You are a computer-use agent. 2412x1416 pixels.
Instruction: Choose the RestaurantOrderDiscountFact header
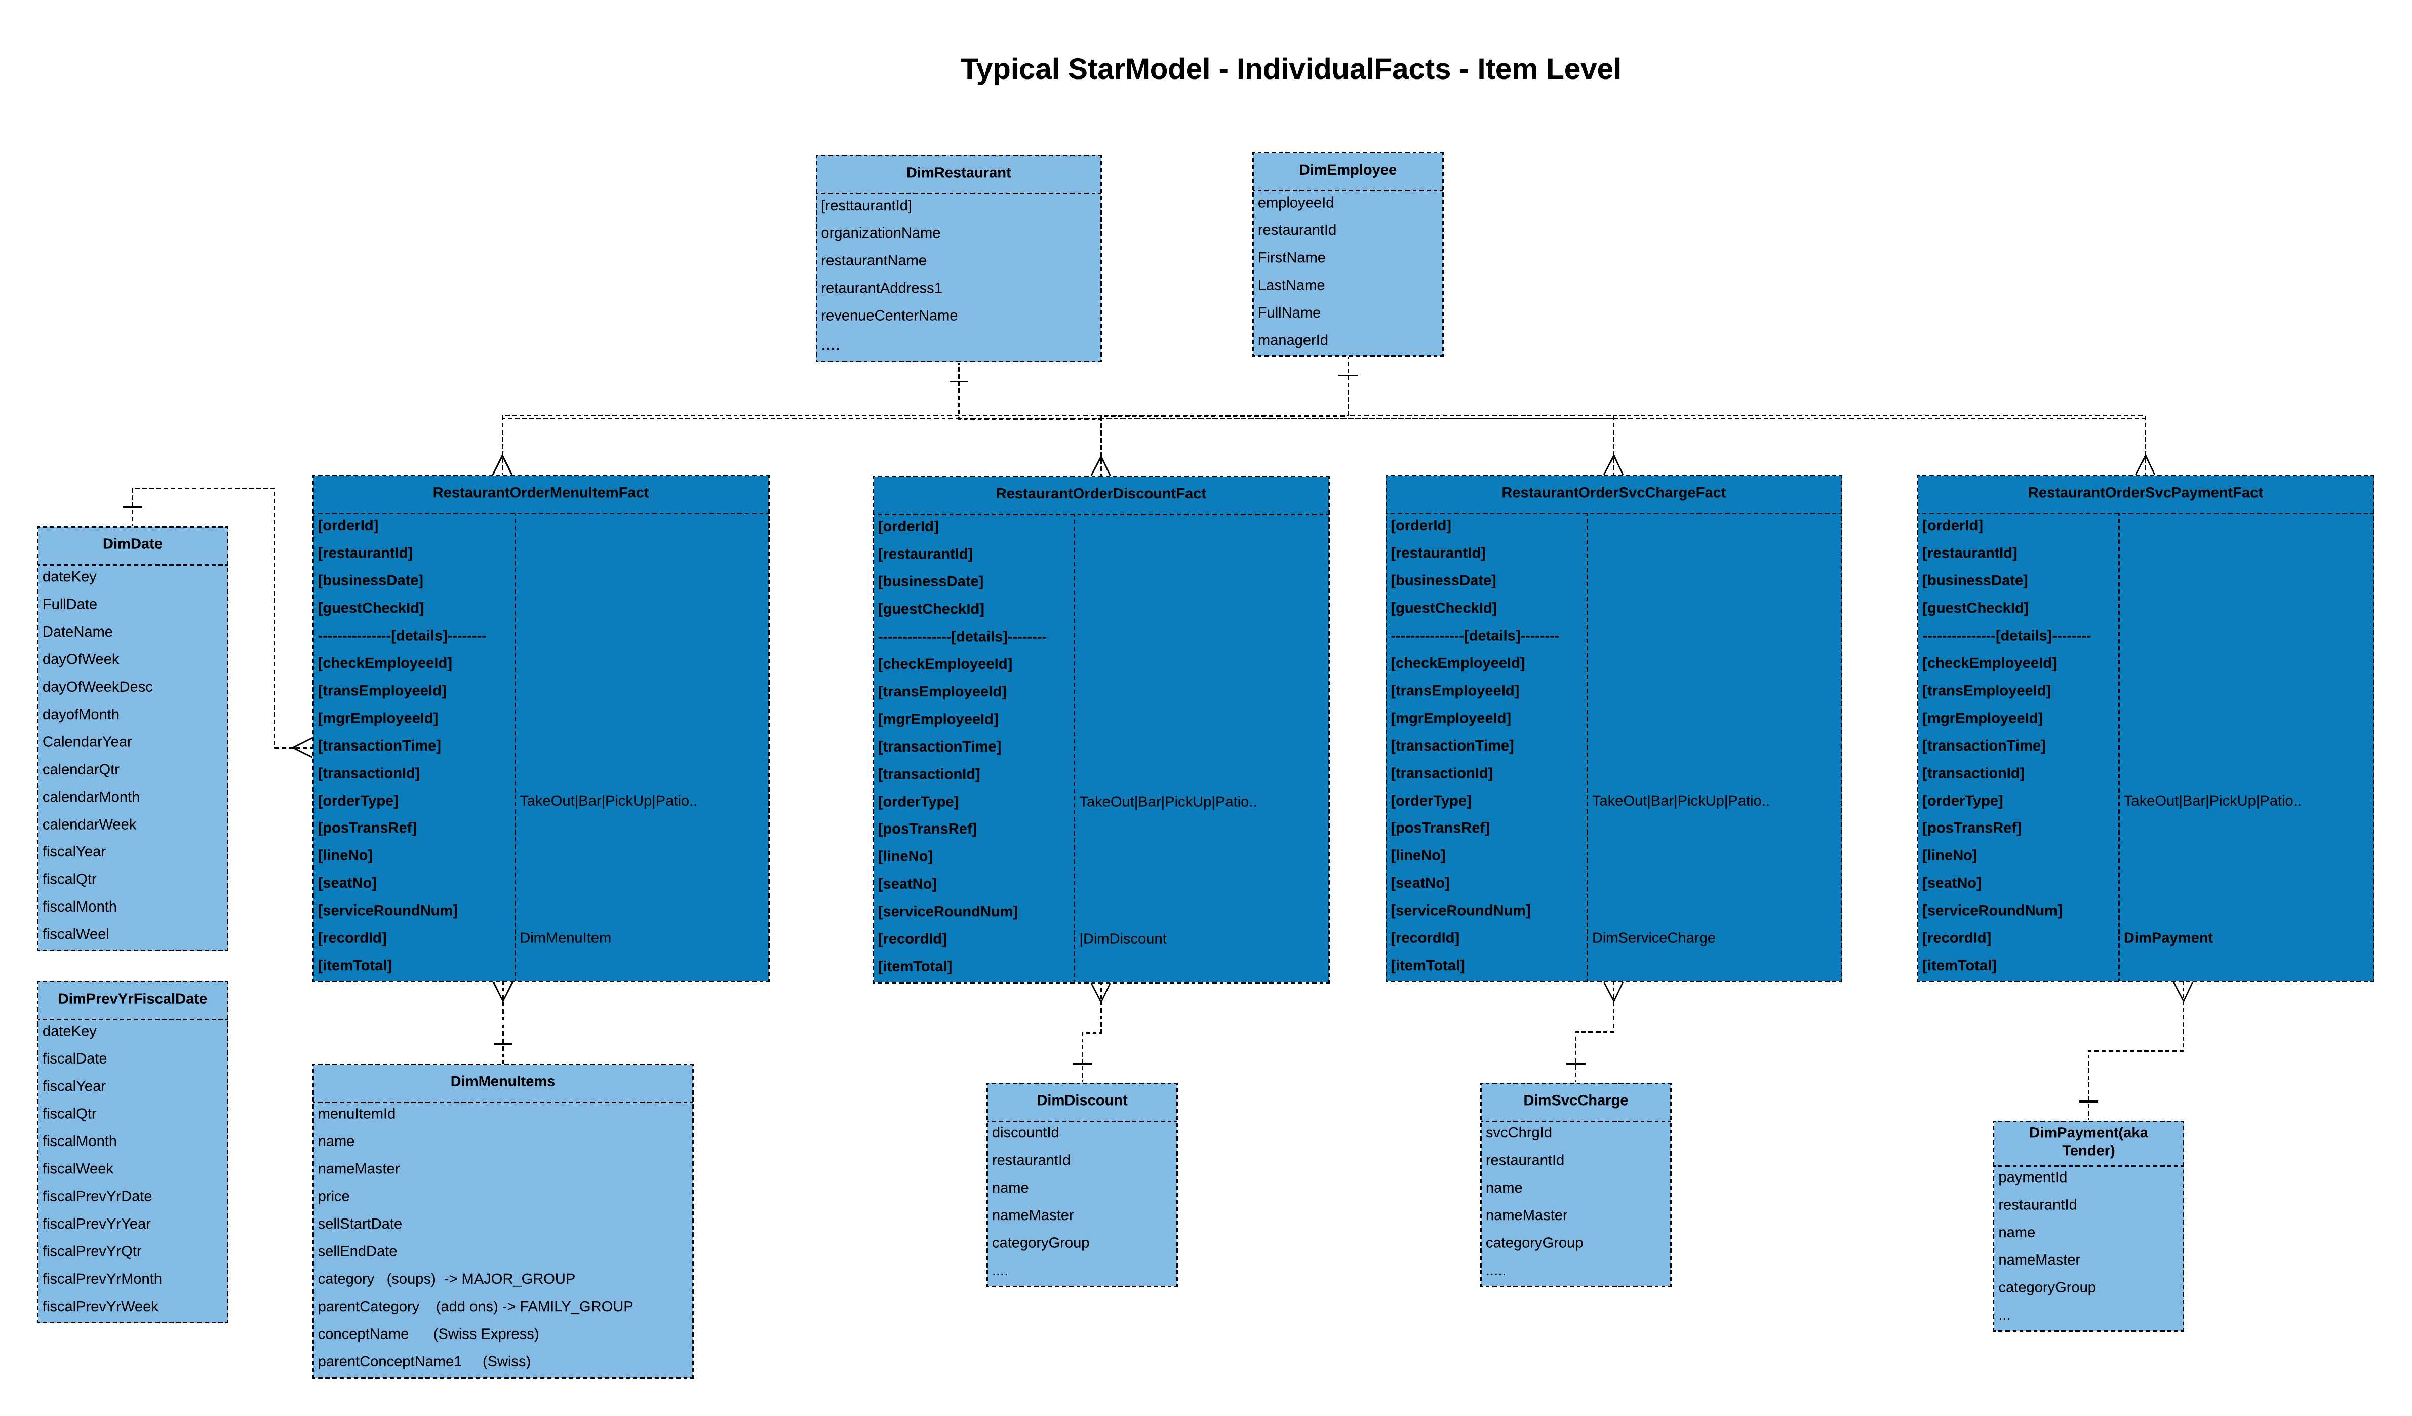point(1100,494)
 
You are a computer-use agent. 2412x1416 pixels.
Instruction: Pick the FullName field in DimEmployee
point(1288,313)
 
